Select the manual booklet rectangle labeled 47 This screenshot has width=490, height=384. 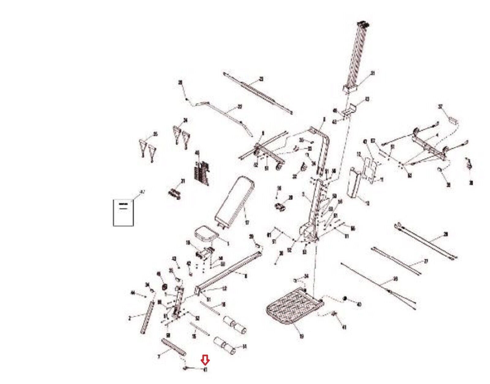coord(123,213)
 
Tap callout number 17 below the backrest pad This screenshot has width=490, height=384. coord(247,223)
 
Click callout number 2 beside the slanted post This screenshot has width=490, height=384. coord(130,318)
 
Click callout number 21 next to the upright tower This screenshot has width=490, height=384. coord(372,73)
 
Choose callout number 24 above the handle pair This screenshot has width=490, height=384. coord(185,120)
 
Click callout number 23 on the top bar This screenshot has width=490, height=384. coord(261,79)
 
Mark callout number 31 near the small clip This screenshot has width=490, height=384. coord(183,181)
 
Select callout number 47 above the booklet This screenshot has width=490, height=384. coord(141,192)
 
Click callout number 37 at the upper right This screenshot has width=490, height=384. coord(440,107)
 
